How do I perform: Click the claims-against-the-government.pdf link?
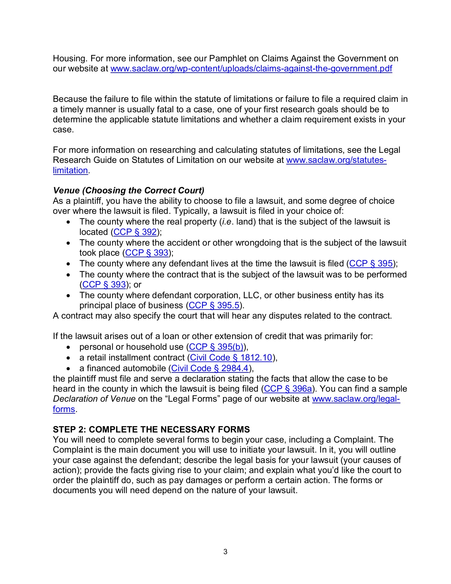(x=251, y=69)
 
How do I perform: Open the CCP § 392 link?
(x=135, y=232)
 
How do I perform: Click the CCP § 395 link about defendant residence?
(x=371, y=264)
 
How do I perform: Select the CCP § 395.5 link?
(x=214, y=306)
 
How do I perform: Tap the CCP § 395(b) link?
(x=216, y=347)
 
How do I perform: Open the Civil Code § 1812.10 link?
(x=231, y=358)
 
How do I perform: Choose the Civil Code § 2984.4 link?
(x=210, y=369)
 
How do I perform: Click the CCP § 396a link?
(x=288, y=389)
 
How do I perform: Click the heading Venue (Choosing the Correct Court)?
(x=129, y=190)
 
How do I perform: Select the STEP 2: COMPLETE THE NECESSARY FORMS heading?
(x=151, y=430)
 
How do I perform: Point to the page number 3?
(x=225, y=552)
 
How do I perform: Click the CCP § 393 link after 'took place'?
(x=147, y=253)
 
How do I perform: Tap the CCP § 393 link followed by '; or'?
(x=104, y=285)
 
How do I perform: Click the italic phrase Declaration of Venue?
(x=94, y=399)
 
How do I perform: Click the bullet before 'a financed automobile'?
(x=68, y=369)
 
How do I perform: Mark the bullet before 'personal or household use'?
(x=68, y=347)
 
